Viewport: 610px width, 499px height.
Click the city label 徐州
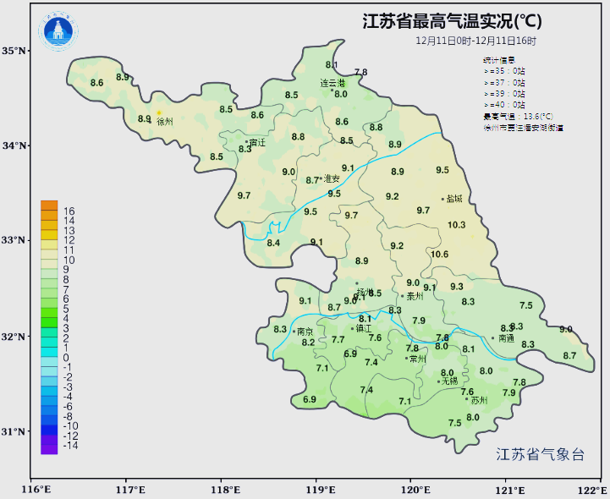click(x=165, y=122)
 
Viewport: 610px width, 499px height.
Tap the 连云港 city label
click(x=332, y=84)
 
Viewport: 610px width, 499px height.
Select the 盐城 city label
click(x=454, y=200)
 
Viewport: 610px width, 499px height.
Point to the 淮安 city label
click(x=332, y=178)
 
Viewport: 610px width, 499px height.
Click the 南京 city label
click(x=305, y=332)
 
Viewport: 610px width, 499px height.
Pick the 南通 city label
click(x=505, y=338)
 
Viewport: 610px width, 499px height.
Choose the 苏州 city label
click(x=479, y=400)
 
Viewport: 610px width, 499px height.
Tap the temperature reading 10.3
click(x=457, y=225)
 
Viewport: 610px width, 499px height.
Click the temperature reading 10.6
click(x=439, y=255)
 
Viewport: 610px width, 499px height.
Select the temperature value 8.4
click(x=273, y=244)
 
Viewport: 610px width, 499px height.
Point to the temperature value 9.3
click(x=457, y=287)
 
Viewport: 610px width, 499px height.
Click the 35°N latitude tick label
click(x=14, y=51)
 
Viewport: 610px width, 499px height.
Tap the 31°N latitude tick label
click(x=14, y=431)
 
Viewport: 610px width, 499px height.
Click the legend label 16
click(x=69, y=211)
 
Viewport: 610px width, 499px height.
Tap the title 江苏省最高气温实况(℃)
click(x=453, y=20)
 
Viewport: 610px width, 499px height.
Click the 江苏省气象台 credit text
click(x=540, y=454)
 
